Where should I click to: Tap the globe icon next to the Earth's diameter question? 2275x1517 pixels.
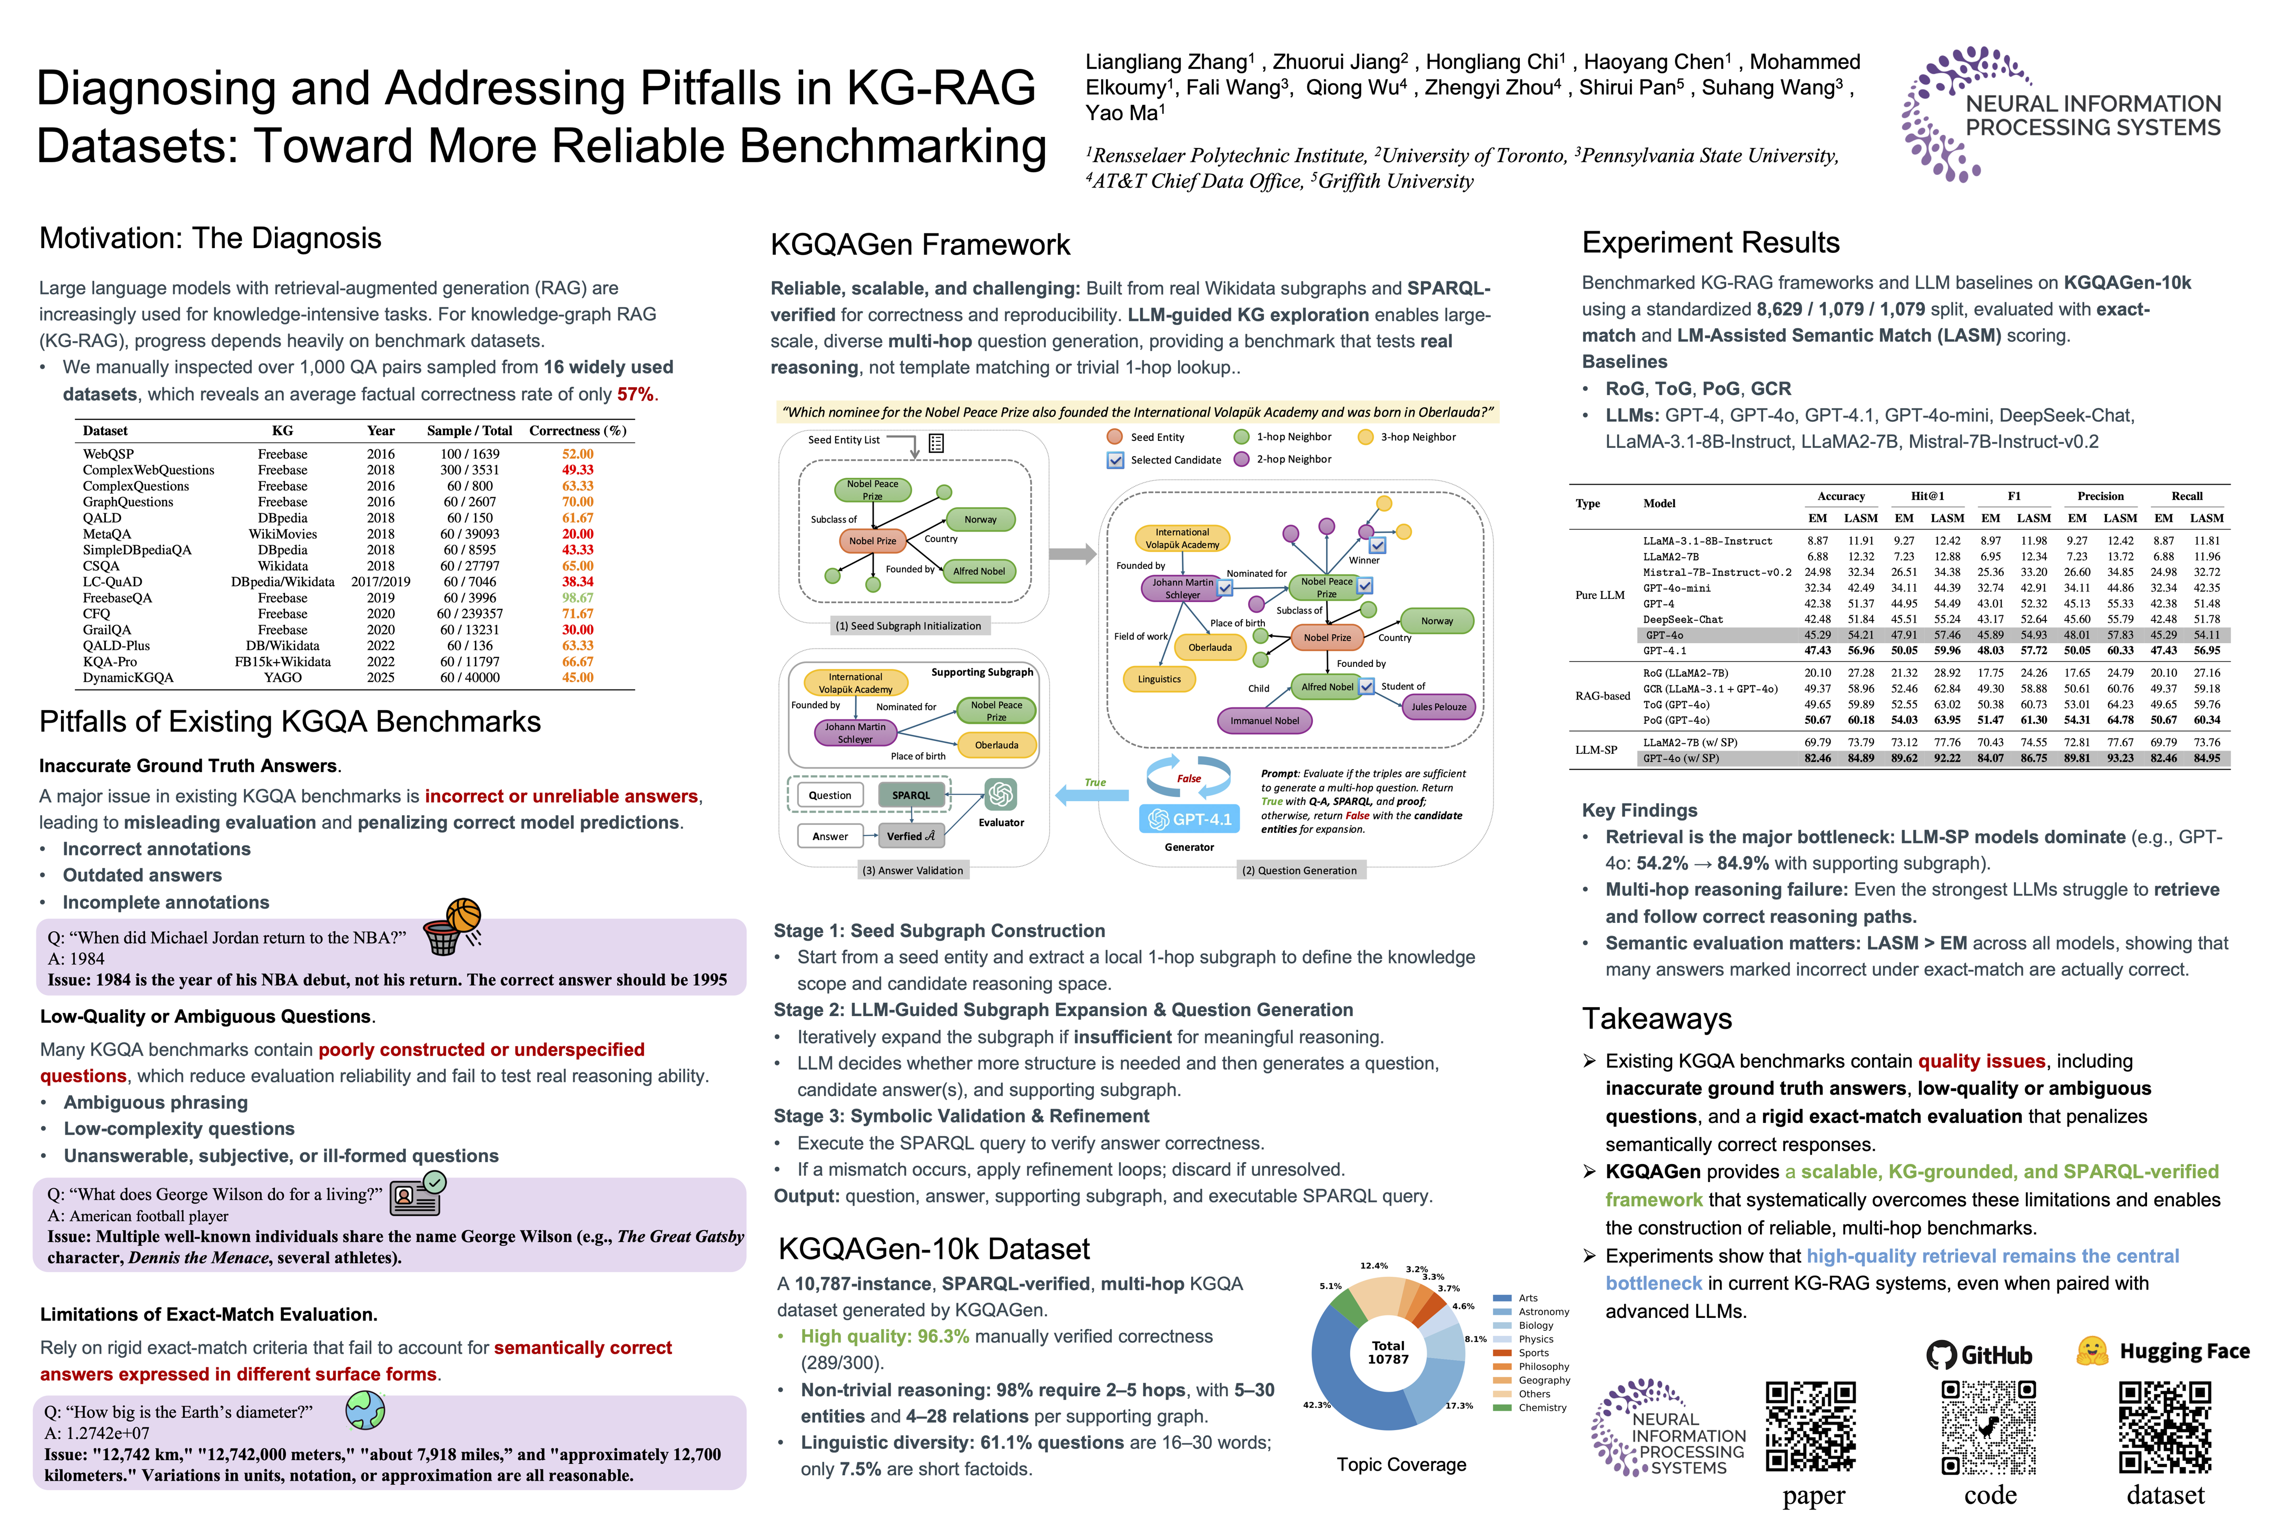point(365,1410)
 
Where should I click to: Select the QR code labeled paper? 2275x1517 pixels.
point(1810,1426)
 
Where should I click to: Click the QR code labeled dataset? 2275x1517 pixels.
point(2165,1426)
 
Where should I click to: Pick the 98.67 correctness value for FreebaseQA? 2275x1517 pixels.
point(578,598)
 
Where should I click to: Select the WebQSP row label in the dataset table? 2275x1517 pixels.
point(108,454)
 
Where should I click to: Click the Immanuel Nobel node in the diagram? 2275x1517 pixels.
point(1264,721)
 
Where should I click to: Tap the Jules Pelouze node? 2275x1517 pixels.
point(1438,707)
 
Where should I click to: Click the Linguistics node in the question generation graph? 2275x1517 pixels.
point(1159,679)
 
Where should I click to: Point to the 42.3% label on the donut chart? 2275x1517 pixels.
point(1317,1405)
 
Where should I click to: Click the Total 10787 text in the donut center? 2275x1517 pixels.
point(1388,1353)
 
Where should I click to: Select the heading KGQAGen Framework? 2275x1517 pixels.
point(920,245)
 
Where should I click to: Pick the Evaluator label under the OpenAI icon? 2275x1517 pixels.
point(1001,822)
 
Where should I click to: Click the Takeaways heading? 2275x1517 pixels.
point(1657,1019)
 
